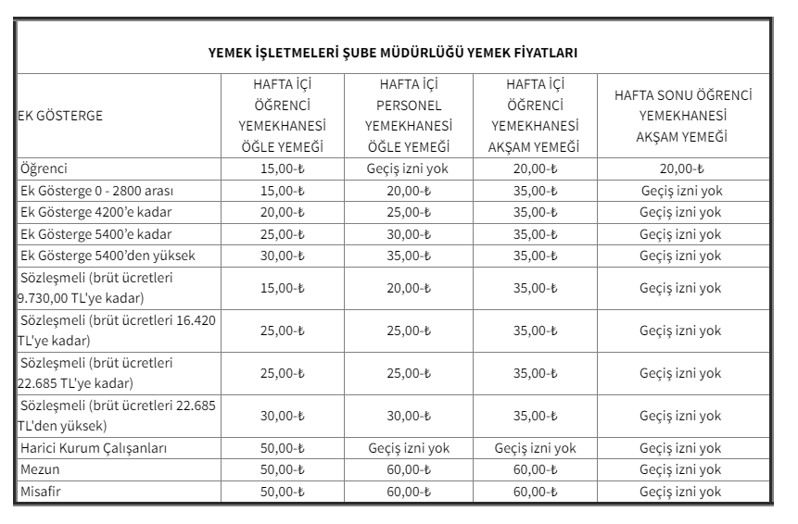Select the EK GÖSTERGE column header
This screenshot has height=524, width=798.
click(x=60, y=116)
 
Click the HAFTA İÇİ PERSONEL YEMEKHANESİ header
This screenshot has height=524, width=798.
click(x=408, y=116)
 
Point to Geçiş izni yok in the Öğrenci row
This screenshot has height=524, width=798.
click(x=408, y=169)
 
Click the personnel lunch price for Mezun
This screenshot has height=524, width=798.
click(x=408, y=470)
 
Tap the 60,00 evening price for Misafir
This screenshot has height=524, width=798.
click(x=535, y=492)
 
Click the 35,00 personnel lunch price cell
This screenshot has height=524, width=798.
click(x=408, y=256)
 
